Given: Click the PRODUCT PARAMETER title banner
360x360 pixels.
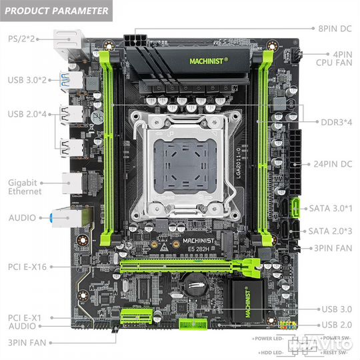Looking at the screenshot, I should pyautogui.click(x=56, y=11).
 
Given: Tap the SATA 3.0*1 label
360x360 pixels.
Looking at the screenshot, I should pyautogui.click(x=331, y=208).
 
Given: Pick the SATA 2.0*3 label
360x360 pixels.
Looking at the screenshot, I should pyautogui.click(x=331, y=231).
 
